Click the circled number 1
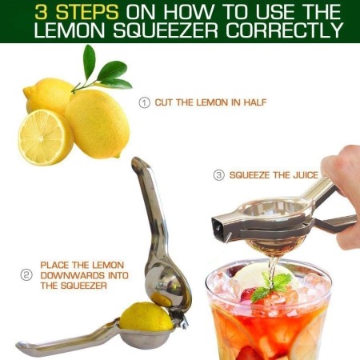click(144, 102)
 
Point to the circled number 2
click(26, 274)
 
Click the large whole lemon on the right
click(98, 122)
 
